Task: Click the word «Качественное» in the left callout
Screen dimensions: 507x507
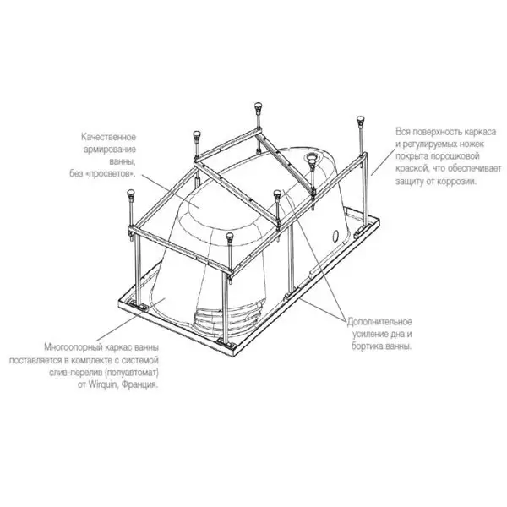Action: tap(109, 137)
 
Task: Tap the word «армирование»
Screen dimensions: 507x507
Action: tap(110, 150)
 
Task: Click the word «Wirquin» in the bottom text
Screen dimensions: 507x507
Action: tap(103, 385)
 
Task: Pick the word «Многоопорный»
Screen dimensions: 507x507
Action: tap(73, 347)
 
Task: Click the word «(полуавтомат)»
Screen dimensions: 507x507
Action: tap(132, 373)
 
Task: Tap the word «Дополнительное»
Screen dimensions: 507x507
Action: tap(379, 322)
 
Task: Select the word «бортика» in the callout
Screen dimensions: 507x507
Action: tap(368, 346)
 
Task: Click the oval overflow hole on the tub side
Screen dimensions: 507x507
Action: tap(335, 235)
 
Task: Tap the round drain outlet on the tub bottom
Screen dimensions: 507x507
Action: tap(313, 157)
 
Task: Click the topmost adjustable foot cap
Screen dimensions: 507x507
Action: tap(258, 106)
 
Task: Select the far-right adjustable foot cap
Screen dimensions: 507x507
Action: tap(360, 119)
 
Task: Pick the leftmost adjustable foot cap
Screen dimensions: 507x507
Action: tap(131, 193)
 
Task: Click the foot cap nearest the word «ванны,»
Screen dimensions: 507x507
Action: tap(197, 134)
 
